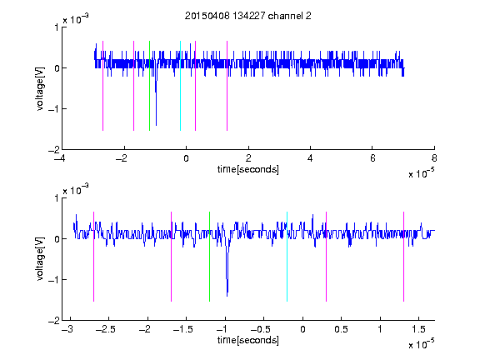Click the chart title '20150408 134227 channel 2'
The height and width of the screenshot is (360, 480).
248,16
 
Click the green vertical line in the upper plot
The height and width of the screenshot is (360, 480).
149,86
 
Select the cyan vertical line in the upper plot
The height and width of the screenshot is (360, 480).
180,86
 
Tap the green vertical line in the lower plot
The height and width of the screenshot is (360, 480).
209,257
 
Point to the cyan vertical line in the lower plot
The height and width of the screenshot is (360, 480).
287,257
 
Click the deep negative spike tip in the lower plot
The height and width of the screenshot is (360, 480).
227,296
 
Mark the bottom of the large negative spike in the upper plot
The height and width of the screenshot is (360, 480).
156,125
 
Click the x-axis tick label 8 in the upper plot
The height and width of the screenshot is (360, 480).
434,158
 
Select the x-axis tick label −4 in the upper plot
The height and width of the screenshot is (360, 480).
60,158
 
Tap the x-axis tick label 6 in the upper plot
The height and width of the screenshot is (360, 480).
372,158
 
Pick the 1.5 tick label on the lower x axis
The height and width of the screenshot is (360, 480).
418,329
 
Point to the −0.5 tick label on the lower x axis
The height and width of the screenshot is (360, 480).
260,329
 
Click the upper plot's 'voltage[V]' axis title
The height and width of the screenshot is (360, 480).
40,88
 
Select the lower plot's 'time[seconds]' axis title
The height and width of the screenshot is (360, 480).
248,340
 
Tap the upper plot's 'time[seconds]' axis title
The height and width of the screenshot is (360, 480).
248,169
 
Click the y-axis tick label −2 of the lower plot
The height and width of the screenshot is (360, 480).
54,321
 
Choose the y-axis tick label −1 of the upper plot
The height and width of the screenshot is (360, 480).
54,108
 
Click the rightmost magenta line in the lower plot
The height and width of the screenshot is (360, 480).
403,257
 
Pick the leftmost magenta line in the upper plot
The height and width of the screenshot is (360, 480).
102,86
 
